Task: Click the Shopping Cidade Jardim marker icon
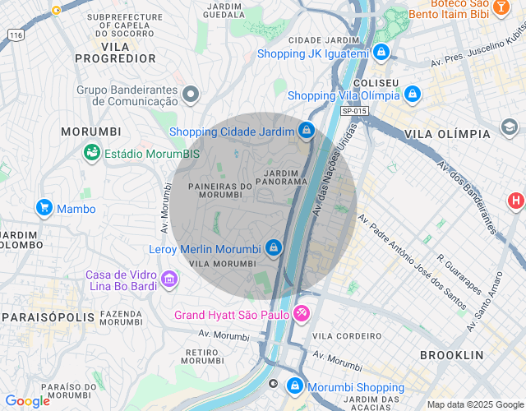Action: click(x=306, y=131)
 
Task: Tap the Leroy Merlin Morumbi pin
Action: click(x=274, y=247)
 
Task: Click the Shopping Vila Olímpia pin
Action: click(x=413, y=95)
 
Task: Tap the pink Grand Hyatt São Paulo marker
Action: click(x=302, y=313)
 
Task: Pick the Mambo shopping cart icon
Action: click(x=44, y=208)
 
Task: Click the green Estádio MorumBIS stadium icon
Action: click(x=92, y=153)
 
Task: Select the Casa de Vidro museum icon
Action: click(x=169, y=280)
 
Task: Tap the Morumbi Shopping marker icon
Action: click(x=294, y=386)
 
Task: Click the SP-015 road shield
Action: click(x=353, y=111)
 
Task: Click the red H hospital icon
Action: click(x=515, y=200)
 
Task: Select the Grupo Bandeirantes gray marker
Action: click(x=191, y=95)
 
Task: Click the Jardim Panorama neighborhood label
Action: click(x=286, y=177)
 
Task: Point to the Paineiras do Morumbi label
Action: click(x=220, y=191)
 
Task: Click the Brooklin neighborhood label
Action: click(x=451, y=355)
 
